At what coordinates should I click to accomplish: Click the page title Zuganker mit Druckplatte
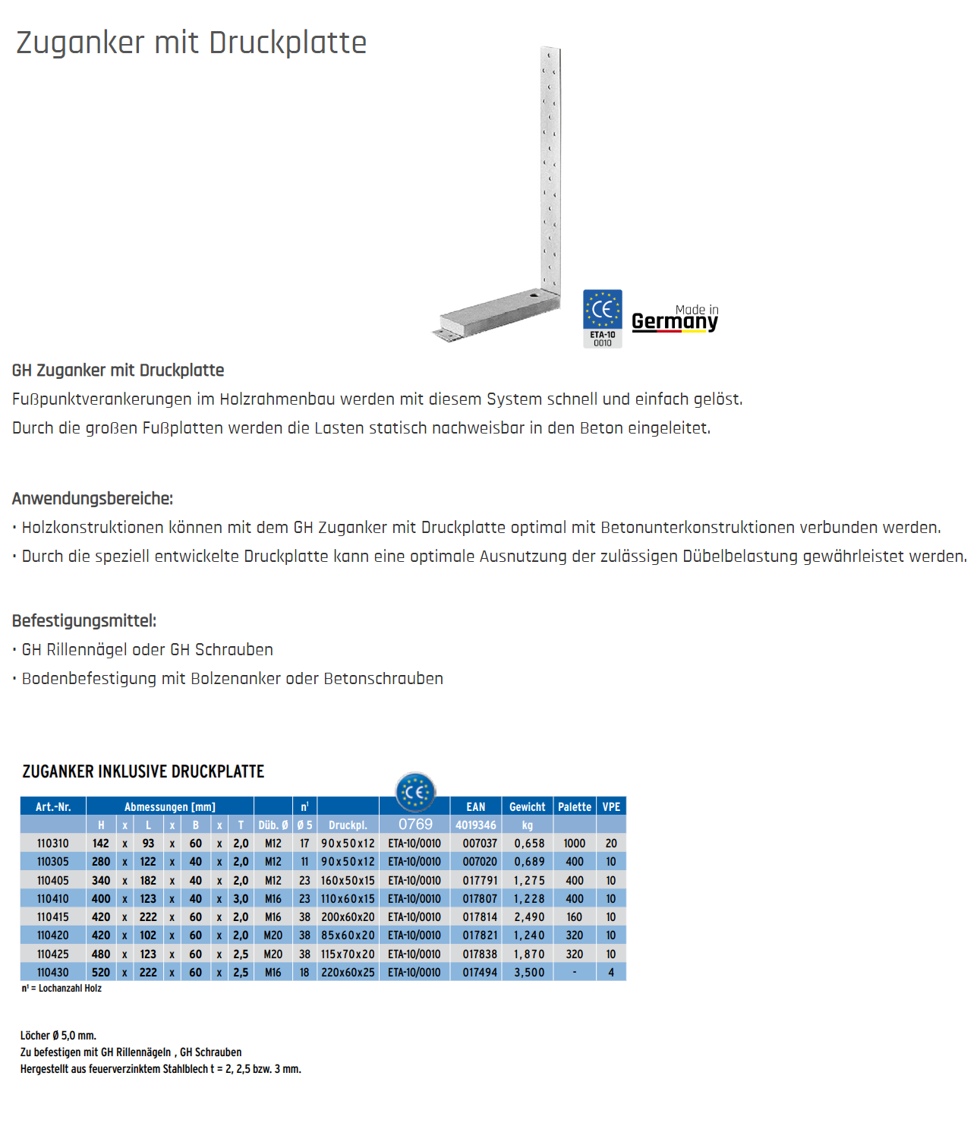[191, 43]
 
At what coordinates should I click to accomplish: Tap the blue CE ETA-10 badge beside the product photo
[602, 318]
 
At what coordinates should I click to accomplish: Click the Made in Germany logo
[675, 319]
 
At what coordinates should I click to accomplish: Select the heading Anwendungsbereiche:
[93, 499]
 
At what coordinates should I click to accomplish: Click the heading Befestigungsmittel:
[84, 621]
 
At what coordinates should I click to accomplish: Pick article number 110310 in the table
[53, 844]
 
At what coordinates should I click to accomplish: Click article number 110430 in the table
[53, 973]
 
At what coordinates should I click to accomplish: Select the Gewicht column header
[527, 807]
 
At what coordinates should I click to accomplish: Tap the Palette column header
[575, 807]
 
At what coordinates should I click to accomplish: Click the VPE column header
[611, 807]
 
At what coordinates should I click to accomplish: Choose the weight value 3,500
[529, 973]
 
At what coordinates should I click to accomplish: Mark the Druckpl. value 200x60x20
[348, 917]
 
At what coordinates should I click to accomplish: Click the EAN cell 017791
[480, 881]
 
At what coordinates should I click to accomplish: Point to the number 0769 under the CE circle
[415, 825]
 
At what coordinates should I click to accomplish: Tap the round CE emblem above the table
[415, 793]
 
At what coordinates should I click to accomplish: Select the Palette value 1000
[575, 844]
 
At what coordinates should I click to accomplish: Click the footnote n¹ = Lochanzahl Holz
[61, 989]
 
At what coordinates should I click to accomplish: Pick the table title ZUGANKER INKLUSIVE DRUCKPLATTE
[143, 772]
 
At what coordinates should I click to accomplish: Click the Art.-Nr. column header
[53, 807]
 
